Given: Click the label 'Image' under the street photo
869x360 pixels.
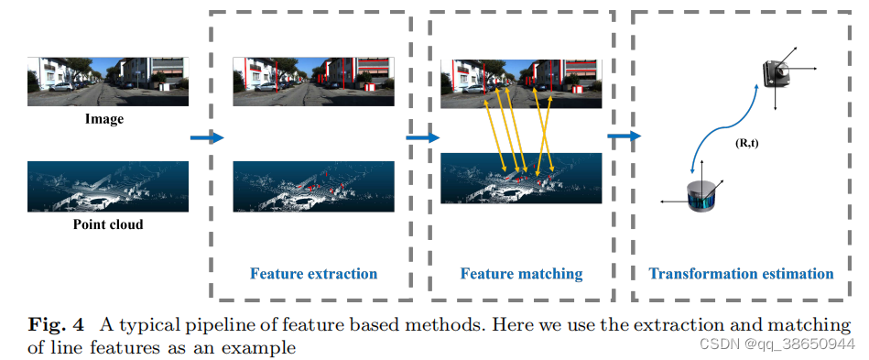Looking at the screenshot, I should click(104, 119).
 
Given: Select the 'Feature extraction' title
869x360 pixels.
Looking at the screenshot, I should click(313, 273).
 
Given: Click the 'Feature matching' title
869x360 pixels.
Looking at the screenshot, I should click(521, 273).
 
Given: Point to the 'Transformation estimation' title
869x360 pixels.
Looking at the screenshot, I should click(741, 273).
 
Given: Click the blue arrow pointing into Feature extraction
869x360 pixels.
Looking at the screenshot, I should click(206, 137).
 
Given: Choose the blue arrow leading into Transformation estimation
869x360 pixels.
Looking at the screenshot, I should click(623, 137).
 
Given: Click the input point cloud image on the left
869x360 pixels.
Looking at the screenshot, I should click(107, 187).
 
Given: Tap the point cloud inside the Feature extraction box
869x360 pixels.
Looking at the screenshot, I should click(313, 187).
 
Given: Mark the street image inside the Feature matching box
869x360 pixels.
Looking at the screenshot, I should click(521, 83).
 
